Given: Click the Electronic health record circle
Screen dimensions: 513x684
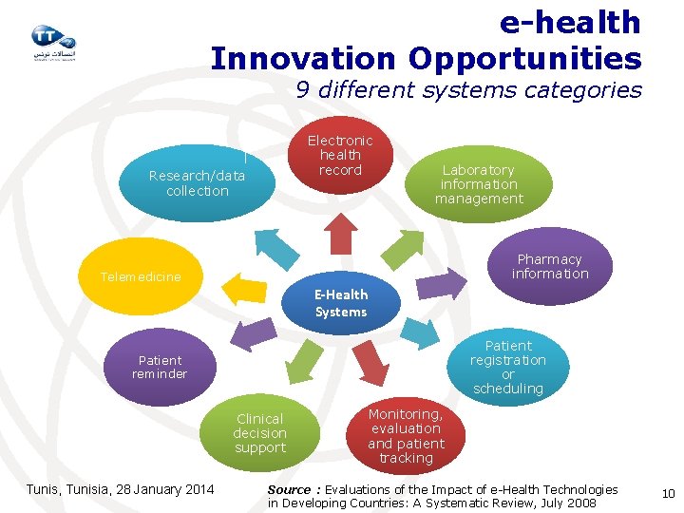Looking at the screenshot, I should [340, 155].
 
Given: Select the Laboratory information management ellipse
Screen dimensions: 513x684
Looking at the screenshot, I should [479, 184].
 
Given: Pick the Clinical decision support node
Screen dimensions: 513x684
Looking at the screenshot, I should [259, 433].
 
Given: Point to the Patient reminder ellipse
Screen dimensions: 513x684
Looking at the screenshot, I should [161, 367].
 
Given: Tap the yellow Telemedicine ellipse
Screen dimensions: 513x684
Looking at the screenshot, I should [141, 277].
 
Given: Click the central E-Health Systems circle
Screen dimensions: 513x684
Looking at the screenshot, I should [340, 303].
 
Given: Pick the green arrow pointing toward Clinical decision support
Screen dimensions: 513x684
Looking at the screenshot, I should [304, 362].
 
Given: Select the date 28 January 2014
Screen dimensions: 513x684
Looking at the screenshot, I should [163, 489].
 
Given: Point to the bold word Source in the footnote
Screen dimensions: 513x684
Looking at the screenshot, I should [289, 489].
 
